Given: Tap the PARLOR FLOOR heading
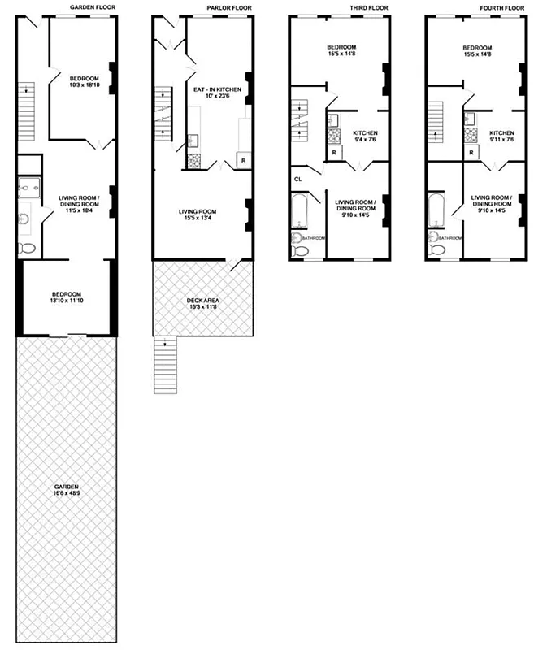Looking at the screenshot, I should point(229,7).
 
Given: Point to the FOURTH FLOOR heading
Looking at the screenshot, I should point(501,7).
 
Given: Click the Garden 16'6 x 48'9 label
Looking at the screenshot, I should point(66,493).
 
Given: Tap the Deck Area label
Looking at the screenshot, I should point(202,304).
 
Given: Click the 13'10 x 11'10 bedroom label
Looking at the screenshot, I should point(64,297).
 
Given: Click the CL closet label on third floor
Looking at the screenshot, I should point(298,179).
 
